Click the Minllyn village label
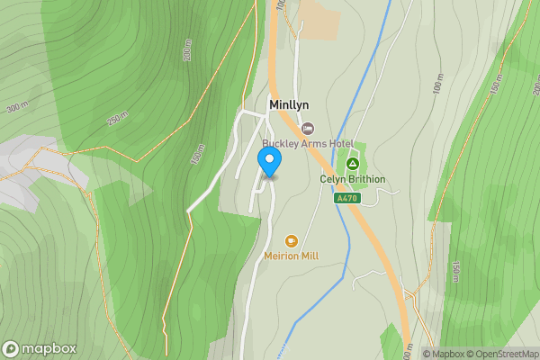click(x=289, y=105)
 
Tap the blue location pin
click(x=269, y=161)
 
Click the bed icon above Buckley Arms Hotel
click(x=308, y=130)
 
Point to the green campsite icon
click(x=353, y=164)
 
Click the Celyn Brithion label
click(x=353, y=179)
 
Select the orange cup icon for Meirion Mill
click(x=292, y=241)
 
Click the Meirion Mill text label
click(x=292, y=256)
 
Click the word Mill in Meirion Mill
click(x=309, y=256)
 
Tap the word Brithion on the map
click(x=365, y=179)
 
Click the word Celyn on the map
click(x=333, y=179)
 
